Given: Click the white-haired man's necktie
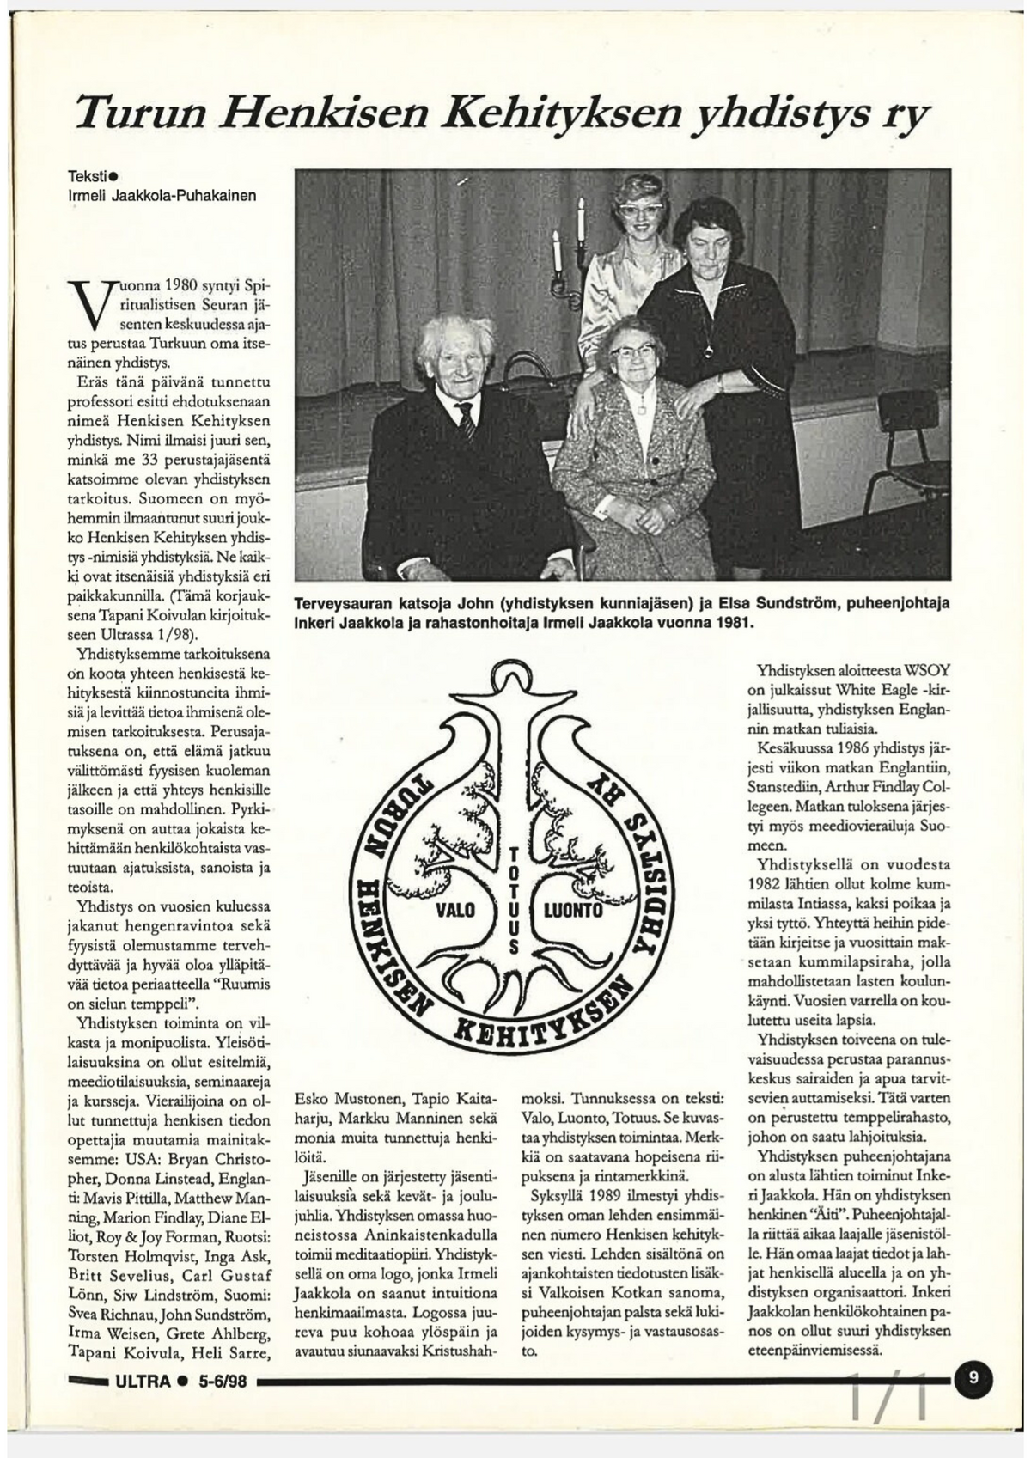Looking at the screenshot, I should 466,420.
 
